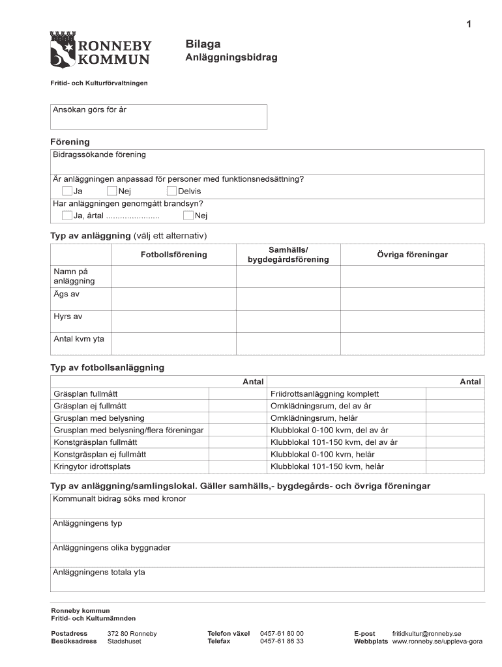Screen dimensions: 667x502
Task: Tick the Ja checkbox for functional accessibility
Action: point(66,191)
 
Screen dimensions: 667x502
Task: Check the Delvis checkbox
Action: point(172,191)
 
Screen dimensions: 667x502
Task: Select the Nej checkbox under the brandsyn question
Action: point(188,216)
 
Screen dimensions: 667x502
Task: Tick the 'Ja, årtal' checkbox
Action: point(66,216)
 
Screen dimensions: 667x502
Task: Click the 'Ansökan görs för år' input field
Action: point(158,117)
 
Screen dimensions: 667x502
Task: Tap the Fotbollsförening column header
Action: point(173,255)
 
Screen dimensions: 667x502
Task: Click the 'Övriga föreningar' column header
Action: point(412,255)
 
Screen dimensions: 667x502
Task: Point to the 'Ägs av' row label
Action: point(66,294)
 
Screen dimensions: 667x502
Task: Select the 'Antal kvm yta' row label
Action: point(78,339)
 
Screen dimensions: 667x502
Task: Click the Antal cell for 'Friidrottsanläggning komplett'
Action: point(454,394)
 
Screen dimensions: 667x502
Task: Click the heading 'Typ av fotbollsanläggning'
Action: point(108,367)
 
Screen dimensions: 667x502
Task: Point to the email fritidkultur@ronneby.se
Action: point(426,633)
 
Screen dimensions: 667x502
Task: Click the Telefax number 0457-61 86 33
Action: point(282,641)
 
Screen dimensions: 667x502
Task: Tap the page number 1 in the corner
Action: point(468,25)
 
